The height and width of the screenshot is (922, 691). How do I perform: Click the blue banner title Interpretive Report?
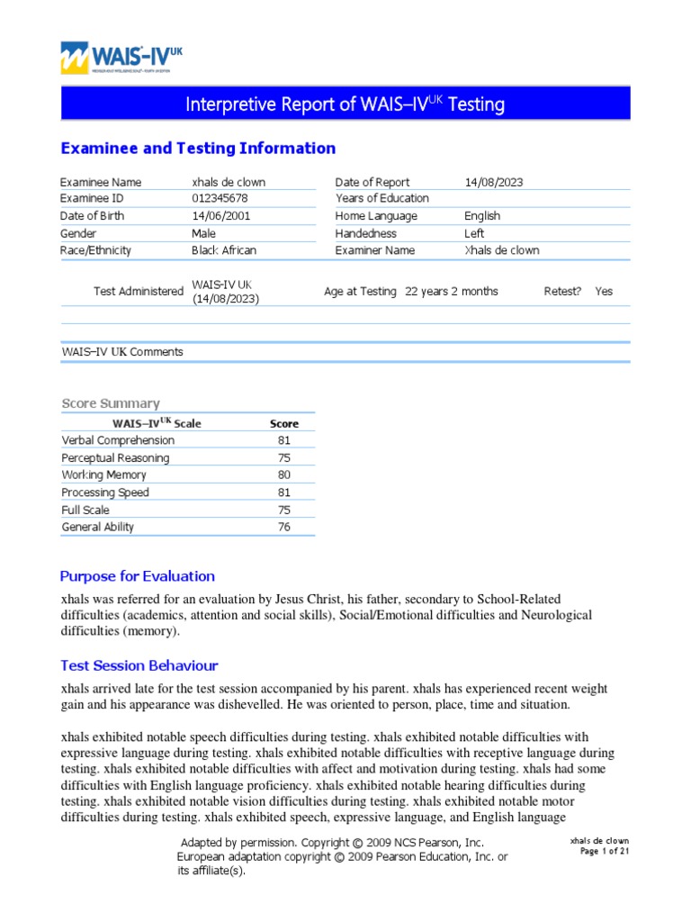pos(345,104)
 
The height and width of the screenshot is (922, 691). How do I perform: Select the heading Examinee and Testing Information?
pos(198,149)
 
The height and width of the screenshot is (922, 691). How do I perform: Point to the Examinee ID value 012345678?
pos(221,199)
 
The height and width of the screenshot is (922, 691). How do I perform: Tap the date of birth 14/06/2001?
pos(221,216)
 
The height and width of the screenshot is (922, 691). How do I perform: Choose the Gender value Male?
pos(205,233)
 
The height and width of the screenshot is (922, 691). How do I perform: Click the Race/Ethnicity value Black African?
pos(224,250)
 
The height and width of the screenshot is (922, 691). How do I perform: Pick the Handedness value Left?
pos(475,233)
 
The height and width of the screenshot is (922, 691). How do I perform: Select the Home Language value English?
pos(482,216)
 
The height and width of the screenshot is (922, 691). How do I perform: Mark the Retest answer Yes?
pos(604,292)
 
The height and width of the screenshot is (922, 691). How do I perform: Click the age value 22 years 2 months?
pos(452,292)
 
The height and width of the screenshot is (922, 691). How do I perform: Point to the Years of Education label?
pos(381,199)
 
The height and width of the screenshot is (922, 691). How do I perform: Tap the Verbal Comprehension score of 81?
pos(284,440)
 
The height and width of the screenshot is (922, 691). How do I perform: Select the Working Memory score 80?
pos(284,475)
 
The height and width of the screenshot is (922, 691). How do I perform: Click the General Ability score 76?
pos(284,528)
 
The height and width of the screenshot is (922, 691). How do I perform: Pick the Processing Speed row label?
pos(105,493)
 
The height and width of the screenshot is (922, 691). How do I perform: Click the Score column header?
pos(284,423)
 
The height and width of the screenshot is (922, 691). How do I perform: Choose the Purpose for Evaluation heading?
pos(137,576)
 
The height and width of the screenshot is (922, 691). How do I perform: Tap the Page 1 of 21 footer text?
pos(605,851)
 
